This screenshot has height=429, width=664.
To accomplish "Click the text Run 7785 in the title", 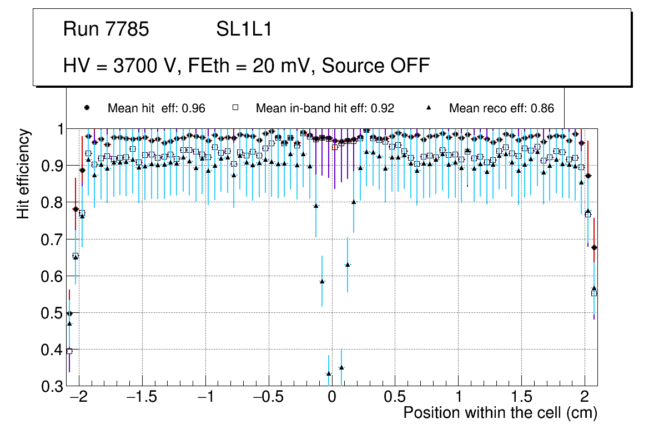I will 106,29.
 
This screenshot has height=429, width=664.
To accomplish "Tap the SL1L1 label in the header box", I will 244,29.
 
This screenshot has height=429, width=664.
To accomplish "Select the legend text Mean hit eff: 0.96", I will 157,108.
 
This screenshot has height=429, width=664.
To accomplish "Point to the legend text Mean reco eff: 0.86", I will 501,108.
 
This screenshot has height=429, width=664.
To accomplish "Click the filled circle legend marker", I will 87,108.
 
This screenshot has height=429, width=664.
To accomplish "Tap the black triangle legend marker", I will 429,108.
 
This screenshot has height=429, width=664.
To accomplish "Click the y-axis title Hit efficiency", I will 23,173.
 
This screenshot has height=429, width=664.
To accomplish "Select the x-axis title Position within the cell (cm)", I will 500,413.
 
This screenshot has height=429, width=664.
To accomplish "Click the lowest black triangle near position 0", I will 329,373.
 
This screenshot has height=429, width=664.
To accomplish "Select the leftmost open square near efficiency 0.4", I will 69,351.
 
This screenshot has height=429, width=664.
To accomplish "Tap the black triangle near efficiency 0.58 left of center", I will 322,282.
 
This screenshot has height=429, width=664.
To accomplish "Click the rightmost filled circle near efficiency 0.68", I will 594,247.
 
